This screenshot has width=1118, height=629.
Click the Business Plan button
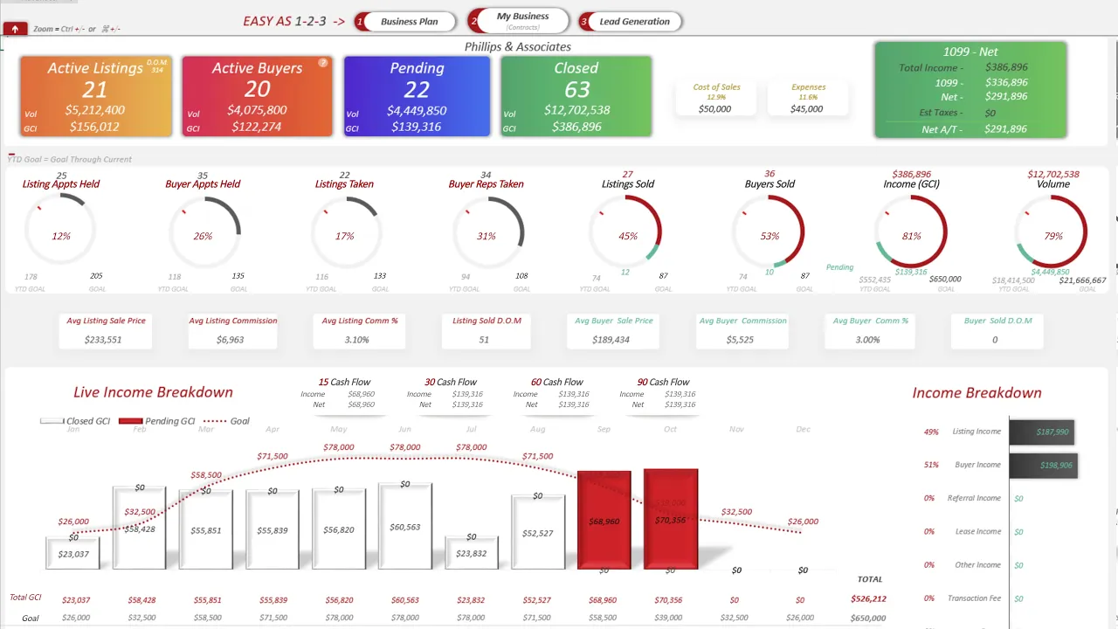(409, 22)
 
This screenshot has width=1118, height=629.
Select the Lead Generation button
(633, 22)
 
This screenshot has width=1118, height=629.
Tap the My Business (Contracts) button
(522, 21)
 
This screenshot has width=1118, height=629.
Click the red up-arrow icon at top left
(15, 29)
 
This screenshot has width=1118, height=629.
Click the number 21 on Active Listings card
(94, 89)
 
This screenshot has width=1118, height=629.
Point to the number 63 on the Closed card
(576, 89)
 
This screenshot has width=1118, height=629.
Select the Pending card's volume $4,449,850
(417, 111)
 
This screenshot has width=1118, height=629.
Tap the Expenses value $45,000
(806, 109)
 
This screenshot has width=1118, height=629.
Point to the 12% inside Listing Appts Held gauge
(61, 236)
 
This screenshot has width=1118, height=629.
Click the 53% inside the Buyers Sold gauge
(769, 236)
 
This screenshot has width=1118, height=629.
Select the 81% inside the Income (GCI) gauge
(911, 236)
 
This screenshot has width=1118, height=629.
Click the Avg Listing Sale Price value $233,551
(103, 339)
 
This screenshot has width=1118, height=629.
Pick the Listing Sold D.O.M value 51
(484, 339)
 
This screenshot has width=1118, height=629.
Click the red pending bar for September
(604, 520)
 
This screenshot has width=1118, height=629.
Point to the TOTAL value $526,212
(868, 599)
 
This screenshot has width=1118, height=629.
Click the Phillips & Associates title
(518, 47)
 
